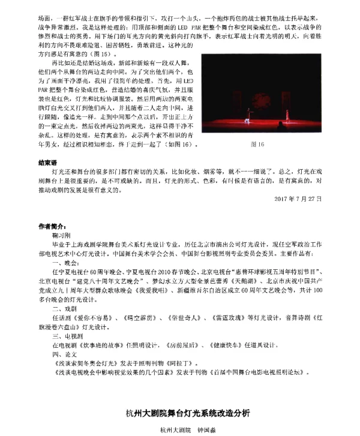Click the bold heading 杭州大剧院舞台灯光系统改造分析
tap(184, 414)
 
